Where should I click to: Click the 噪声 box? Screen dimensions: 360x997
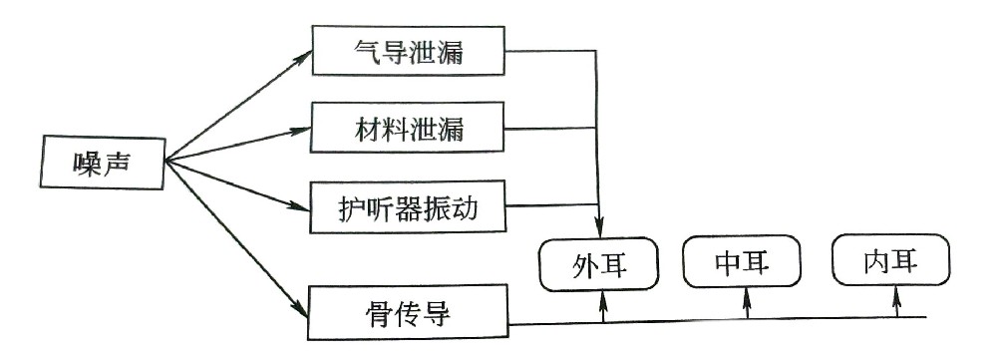[x=103, y=162]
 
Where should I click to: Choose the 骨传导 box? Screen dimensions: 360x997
[x=409, y=314]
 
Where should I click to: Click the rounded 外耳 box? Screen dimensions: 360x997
[x=599, y=264]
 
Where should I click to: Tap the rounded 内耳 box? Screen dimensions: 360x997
[x=891, y=262]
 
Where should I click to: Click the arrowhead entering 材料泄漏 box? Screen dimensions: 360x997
[x=305, y=129]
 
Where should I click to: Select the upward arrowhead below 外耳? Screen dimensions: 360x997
[x=602, y=296]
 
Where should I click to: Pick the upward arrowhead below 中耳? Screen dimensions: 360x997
[x=748, y=295]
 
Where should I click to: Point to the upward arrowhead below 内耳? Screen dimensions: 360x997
[x=896, y=295]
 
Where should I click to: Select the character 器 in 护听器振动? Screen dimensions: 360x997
[x=409, y=207]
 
